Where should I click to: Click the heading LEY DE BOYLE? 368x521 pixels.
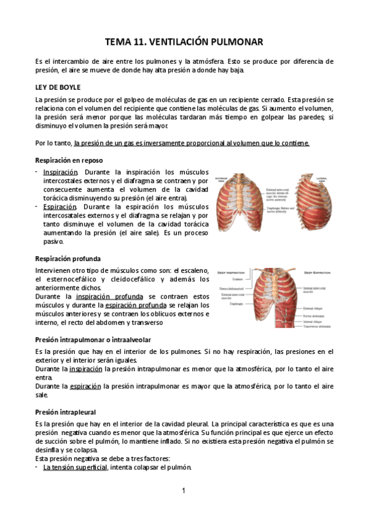58,87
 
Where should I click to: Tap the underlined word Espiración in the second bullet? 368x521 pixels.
60,206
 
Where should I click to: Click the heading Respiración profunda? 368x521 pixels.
68,259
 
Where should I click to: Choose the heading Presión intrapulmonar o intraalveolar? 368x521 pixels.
93,340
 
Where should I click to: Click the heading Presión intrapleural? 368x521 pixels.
66,412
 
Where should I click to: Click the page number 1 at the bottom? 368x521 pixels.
184,490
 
